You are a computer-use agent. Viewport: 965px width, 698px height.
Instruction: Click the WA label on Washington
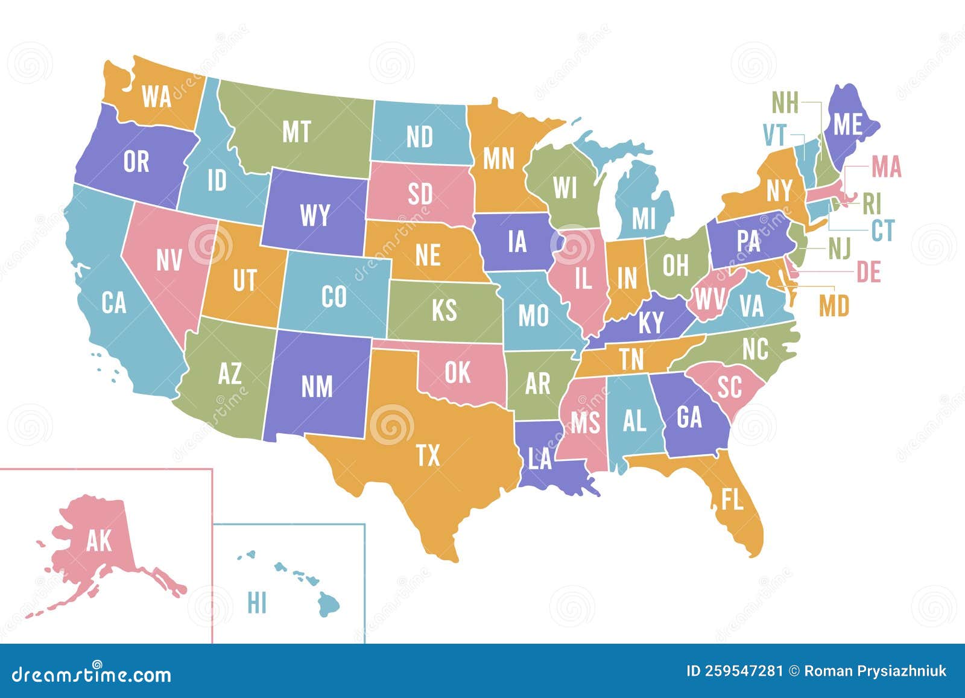pyautogui.click(x=157, y=96)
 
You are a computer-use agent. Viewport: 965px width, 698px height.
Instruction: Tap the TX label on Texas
pyautogui.click(x=428, y=455)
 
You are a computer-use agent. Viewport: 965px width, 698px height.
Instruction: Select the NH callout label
pyautogui.click(x=785, y=104)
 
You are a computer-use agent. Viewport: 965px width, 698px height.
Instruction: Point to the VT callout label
pyautogui.click(x=774, y=136)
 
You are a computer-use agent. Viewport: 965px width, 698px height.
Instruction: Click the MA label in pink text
pyautogui.click(x=886, y=167)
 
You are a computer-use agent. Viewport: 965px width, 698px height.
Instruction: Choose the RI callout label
pyautogui.click(x=872, y=204)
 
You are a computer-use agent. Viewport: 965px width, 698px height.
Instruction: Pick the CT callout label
pyautogui.click(x=883, y=230)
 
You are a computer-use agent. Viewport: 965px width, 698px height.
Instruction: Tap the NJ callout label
pyautogui.click(x=840, y=249)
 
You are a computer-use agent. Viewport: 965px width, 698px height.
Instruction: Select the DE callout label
pyautogui.click(x=869, y=272)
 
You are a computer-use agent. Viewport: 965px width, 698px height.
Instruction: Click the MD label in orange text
pyautogui.click(x=834, y=306)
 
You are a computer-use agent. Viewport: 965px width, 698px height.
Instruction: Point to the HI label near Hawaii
pyautogui.click(x=257, y=603)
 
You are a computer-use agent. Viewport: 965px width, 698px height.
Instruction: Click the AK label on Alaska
pyautogui.click(x=99, y=541)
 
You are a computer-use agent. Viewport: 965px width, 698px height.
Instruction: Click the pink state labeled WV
pyautogui.click(x=709, y=298)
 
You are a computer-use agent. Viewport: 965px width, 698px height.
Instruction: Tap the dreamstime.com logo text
pyautogui.click(x=92, y=673)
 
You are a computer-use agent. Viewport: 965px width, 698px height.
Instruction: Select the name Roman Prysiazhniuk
pyautogui.click(x=875, y=671)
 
